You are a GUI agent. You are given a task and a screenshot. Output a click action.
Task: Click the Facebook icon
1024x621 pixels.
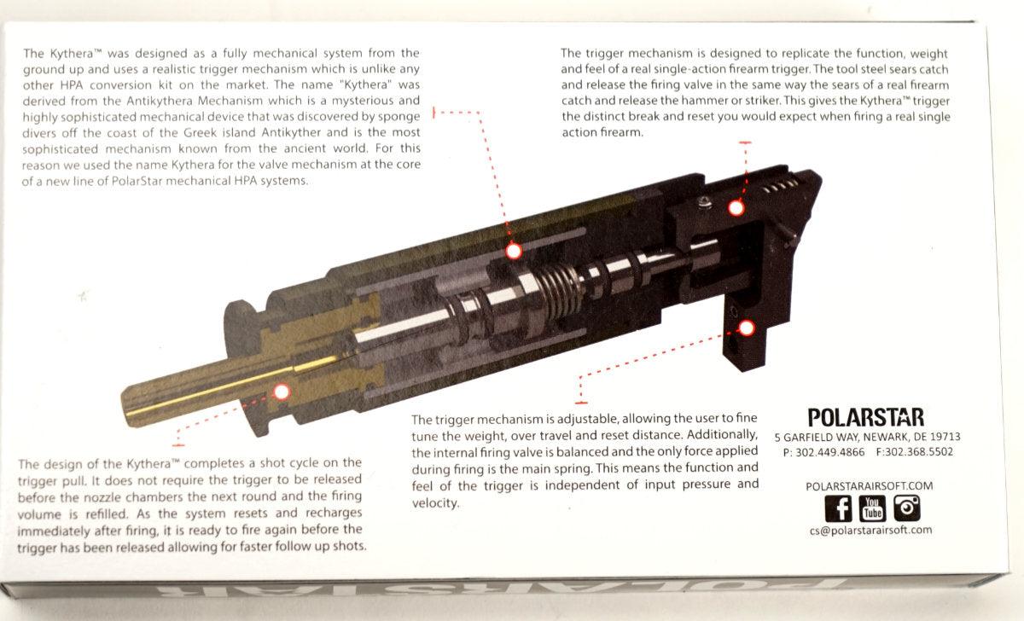tap(839, 508)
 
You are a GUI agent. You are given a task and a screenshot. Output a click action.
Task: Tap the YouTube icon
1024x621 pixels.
tap(872, 508)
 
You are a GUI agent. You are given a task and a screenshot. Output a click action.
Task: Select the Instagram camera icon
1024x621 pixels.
tap(906, 508)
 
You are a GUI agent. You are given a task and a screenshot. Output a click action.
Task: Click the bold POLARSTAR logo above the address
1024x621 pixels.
tap(865, 417)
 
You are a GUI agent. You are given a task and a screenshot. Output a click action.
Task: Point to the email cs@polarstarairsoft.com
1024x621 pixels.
tap(870, 530)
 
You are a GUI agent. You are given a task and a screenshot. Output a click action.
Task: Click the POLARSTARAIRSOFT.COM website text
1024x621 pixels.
tap(869, 485)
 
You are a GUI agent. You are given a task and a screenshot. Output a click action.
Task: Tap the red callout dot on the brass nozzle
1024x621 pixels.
tap(281, 392)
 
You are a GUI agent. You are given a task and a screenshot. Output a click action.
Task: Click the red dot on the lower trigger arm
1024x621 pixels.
tap(748, 327)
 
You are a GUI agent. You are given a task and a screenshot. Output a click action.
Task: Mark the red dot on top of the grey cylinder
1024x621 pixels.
tap(514, 251)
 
